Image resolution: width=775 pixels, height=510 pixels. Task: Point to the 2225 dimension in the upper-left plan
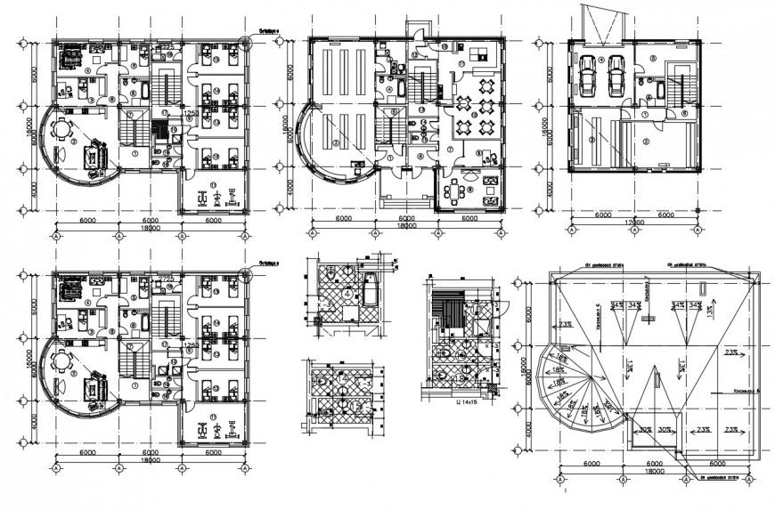pos(166,45)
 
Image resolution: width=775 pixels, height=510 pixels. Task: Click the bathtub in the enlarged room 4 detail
pos(368,291)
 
